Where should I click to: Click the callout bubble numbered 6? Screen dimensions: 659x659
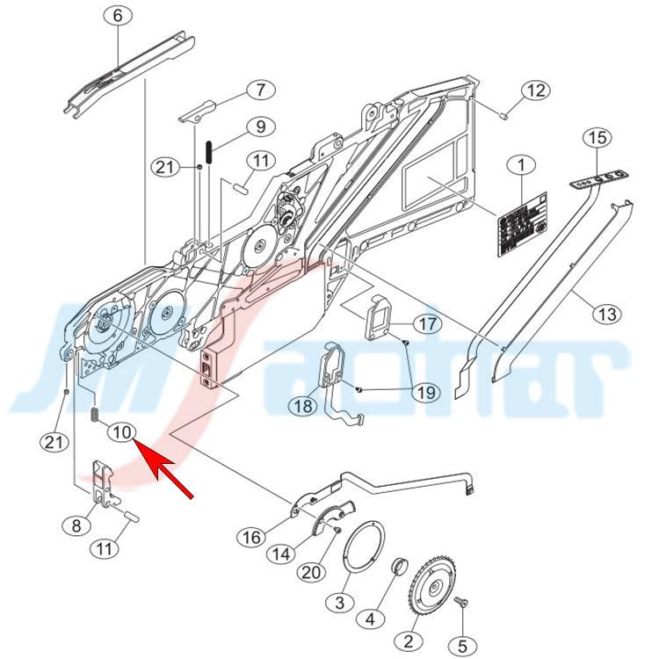119,15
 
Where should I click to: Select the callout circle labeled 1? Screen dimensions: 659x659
523,165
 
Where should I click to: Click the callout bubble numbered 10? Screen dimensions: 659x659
121,431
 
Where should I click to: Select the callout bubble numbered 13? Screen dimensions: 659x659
608,313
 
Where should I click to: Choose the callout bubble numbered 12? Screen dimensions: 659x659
537,91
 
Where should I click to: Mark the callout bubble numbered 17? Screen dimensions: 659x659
426,324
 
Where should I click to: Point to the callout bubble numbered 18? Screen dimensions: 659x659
306,405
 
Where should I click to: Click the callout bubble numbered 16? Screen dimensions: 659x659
252,536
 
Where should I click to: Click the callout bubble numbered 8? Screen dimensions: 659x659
76,525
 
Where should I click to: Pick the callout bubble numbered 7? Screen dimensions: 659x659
260,90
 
